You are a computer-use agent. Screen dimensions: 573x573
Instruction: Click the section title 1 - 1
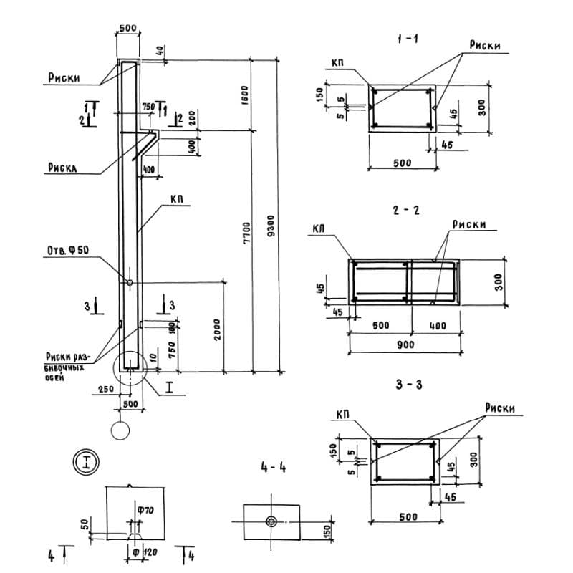pyautogui.click(x=408, y=40)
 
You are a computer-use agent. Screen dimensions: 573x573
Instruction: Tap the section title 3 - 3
pyautogui.click(x=408, y=385)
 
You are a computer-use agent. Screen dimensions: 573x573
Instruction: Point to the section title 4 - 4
pyautogui.click(x=274, y=468)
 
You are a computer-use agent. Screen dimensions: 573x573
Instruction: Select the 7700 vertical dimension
pyautogui.click(x=246, y=231)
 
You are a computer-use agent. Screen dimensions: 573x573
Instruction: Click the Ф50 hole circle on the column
pyautogui.click(x=129, y=282)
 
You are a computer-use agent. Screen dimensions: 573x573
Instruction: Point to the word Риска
pyautogui.click(x=63, y=169)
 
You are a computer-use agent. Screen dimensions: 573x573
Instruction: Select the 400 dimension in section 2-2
pyautogui.click(x=436, y=326)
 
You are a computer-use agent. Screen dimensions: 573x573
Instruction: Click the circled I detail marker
pyautogui.click(x=86, y=461)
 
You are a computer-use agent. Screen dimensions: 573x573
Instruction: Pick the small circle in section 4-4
pyautogui.click(x=272, y=521)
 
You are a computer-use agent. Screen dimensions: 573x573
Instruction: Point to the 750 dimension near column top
pyautogui.click(x=148, y=106)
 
